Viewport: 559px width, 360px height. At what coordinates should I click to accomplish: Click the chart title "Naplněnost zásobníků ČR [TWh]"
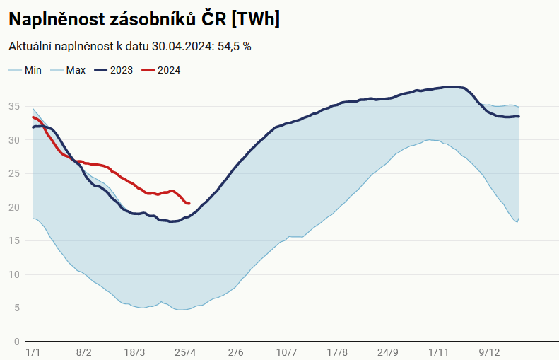(144, 19)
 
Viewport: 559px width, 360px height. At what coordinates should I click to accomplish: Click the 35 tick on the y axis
(13, 106)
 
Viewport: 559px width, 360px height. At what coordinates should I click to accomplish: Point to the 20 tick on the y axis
(13, 207)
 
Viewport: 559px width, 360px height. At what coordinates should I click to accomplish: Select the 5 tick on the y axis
(16, 308)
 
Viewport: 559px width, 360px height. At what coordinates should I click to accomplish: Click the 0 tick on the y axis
(16, 342)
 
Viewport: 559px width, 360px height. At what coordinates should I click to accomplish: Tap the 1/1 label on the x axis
(33, 352)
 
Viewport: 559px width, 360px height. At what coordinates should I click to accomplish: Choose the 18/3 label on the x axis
(134, 352)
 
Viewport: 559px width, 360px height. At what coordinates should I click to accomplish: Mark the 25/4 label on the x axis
(185, 352)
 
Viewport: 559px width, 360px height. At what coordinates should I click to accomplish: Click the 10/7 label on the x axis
(287, 352)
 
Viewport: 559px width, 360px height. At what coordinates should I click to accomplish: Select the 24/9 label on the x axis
(388, 352)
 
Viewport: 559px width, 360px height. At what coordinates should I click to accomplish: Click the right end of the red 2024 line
(189, 204)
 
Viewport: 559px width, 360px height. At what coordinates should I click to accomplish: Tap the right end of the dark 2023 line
(519, 117)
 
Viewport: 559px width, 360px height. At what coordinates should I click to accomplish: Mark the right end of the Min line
(519, 219)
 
